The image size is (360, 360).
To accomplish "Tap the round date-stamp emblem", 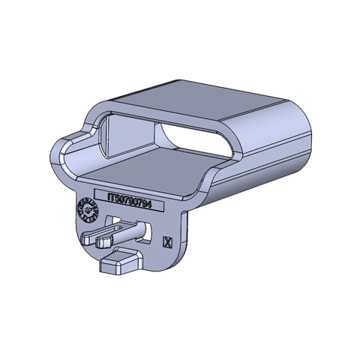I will (x=88, y=212).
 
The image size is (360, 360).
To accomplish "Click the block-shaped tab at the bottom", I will (x=120, y=264).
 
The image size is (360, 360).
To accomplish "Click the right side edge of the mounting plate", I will (x=184, y=232).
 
